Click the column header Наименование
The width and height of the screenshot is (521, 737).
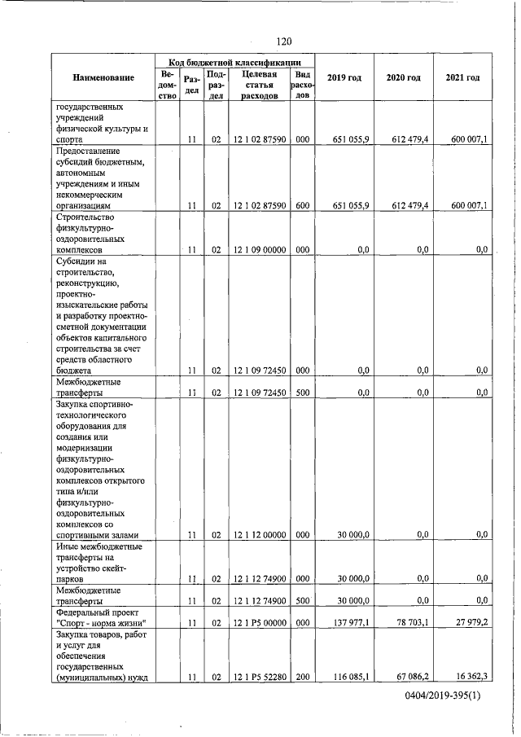103,78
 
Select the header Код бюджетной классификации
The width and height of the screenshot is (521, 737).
235,62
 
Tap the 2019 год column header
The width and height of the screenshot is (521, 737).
344,78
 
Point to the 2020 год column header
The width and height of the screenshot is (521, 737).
403,78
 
